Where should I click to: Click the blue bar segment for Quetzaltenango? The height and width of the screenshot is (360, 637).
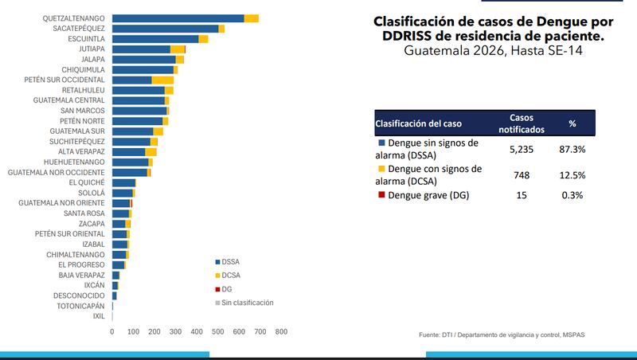click(x=178, y=18)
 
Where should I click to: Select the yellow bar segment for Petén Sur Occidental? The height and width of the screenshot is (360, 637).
click(x=162, y=80)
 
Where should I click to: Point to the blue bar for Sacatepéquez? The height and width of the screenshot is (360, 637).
click(x=165, y=29)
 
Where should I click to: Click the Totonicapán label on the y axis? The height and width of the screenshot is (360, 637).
click(x=77, y=306)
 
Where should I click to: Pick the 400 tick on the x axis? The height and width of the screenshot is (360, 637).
click(x=197, y=331)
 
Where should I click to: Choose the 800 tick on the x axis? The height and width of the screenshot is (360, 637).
click(x=281, y=331)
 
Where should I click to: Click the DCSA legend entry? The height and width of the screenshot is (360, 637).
click(x=232, y=275)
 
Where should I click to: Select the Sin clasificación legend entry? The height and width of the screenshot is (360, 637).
click(x=247, y=303)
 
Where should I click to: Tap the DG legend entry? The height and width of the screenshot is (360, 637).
click(x=226, y=288)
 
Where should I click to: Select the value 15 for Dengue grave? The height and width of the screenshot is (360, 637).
click(x=522, y=195)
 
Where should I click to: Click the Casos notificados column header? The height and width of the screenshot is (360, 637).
click(x=522, y=122)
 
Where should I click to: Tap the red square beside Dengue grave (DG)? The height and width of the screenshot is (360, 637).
click(x=381, y=195)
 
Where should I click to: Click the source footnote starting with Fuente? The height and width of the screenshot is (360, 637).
click(x=506, y=335)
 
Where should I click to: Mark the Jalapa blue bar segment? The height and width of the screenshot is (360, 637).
click(x=143, y=60)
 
